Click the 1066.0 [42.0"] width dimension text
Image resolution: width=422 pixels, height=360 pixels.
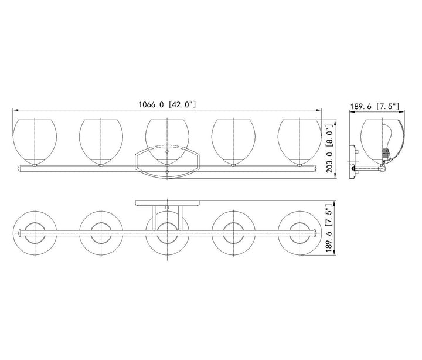(167, 104)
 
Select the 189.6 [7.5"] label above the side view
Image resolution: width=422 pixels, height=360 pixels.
(375, 106)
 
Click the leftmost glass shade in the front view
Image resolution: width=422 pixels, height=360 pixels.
(35, 142)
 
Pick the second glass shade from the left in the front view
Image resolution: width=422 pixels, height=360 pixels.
(101, 142)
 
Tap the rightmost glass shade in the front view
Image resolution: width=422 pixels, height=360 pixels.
(300, 142)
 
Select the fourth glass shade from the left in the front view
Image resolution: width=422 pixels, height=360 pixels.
(233, 142)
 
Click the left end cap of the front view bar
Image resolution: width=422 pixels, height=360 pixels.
(19, 169)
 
